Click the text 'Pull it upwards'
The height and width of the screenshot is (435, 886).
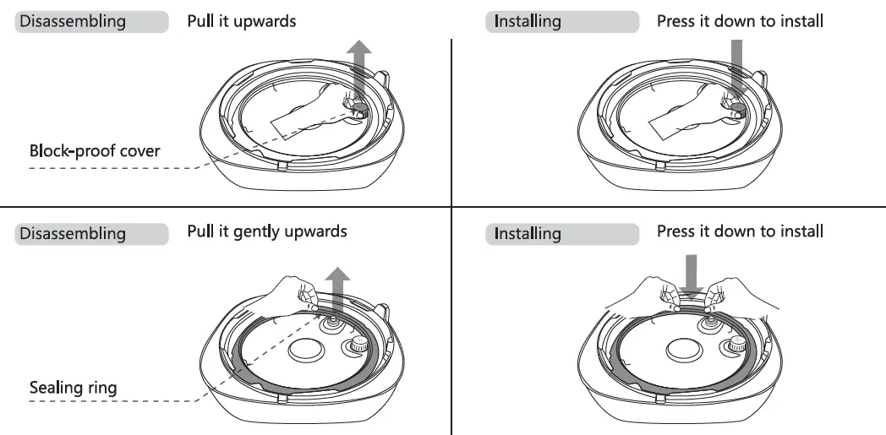(x=242, y=21)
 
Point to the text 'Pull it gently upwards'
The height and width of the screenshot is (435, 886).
(x=266, y=231)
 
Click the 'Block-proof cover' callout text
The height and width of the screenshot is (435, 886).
(x=95, y=152)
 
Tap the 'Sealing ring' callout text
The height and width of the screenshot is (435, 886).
(x=74, y=389)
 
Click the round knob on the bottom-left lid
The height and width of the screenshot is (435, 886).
(x=358, y=345)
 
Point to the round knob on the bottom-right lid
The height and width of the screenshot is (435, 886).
(x=736, y=345)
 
